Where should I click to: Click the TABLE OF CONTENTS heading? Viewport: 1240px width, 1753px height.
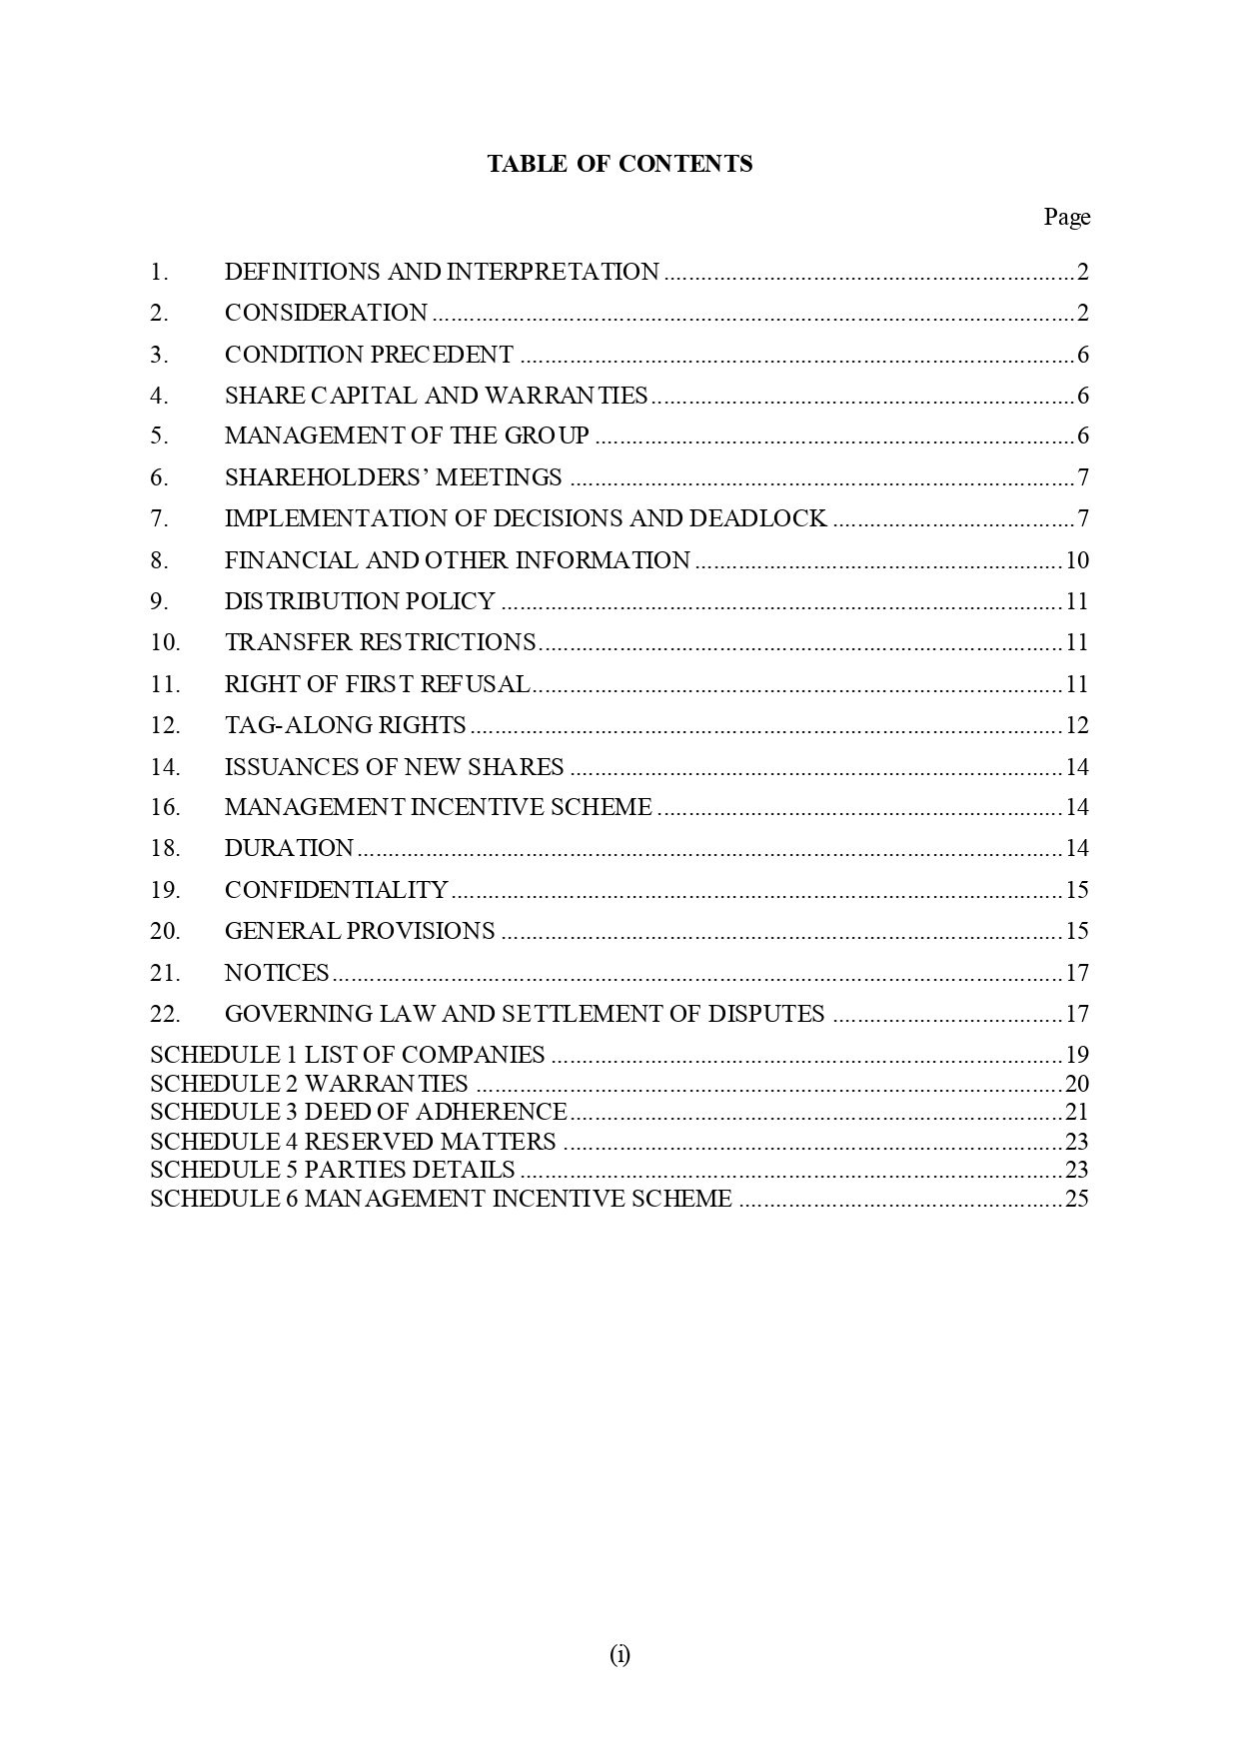[620, 164]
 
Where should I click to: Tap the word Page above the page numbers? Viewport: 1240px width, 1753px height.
[1066, 217]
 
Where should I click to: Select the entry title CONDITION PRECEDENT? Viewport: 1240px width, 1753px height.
[369, 355]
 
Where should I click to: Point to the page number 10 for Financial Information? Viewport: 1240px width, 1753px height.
[1076, 560]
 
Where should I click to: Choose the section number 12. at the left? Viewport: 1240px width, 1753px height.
[165, 725]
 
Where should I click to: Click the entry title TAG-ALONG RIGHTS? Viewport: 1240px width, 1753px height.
[345, 725]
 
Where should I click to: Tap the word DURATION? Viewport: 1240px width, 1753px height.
[289, 848]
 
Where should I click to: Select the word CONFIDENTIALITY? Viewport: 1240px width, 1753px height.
[336, 890]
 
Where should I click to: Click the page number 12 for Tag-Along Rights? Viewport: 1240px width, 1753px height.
[1076, 725]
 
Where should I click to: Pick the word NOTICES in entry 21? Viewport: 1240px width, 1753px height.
[277, 973]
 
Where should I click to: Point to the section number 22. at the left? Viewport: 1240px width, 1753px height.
[165, 1014]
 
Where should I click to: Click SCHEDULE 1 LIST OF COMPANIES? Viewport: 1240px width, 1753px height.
[347, 1055]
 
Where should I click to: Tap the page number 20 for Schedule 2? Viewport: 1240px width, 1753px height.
[1076, 1084]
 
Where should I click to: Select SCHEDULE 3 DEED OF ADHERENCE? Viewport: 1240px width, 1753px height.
[358, 1112]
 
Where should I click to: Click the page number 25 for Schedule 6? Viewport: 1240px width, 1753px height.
[1076, 1199]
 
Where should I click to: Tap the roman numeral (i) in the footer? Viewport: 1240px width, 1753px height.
[620, 1655]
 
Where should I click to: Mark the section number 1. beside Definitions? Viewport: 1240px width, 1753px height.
[159, 272]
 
